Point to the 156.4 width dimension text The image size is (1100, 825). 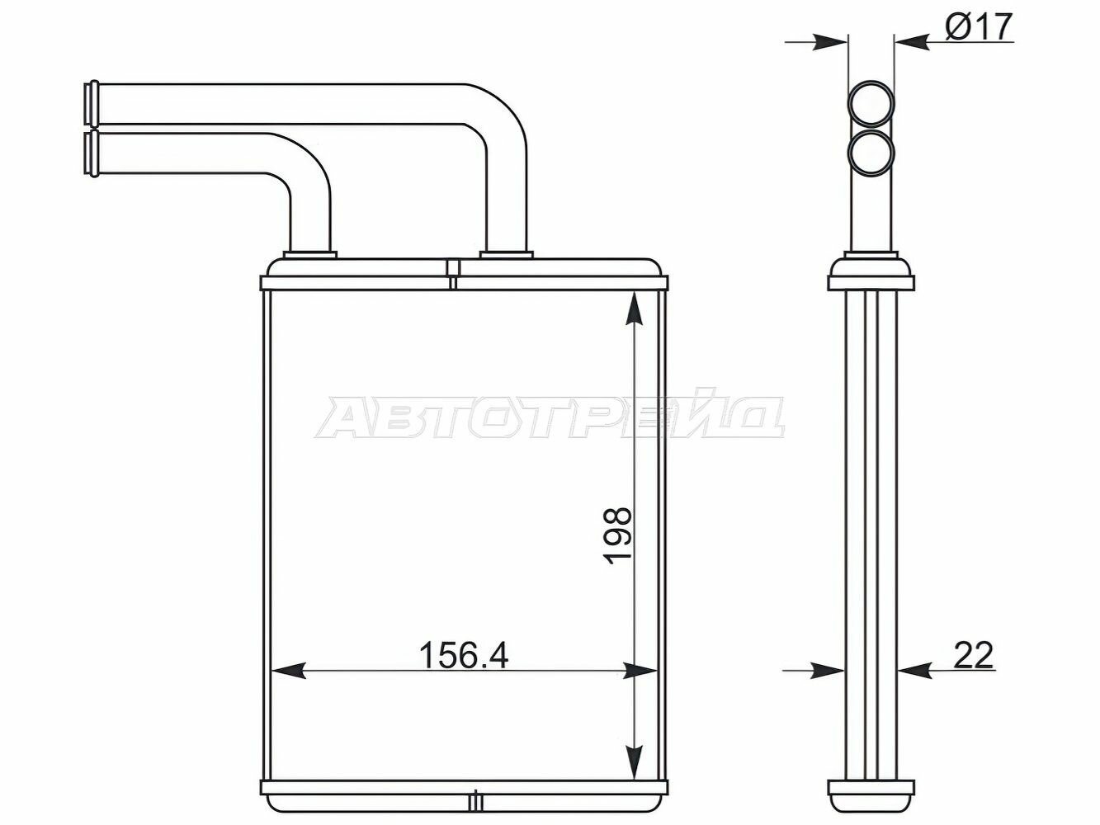pyautogui.click(x=464, y=655)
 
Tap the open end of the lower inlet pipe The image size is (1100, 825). pyautogui.click(x=91, y=153)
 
